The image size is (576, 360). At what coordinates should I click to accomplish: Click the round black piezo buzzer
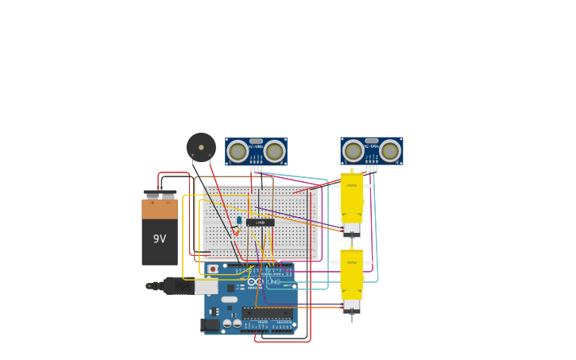click(x=201, y=147)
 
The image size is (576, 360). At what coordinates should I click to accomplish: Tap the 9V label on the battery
click(x=160, y=238)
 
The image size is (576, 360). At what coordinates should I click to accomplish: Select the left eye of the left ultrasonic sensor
click(x=238, y=150)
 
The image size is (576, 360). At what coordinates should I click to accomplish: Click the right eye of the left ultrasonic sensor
click(x=274, y=150)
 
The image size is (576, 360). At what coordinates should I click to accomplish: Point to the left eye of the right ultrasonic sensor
click(x=353, y=150)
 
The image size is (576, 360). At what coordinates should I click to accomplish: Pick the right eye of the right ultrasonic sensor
click(x=390, y=150)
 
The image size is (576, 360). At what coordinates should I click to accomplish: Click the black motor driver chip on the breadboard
click(x=261, y=223)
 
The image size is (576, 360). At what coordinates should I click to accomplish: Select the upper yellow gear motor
click(x=351, y=195)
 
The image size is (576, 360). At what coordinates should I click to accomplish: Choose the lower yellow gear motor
click(x=351, y=271)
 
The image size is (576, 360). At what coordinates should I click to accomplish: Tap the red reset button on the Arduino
click(x=213, y=269)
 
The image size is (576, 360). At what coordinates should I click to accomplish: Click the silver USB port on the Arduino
click(x=207, y=286)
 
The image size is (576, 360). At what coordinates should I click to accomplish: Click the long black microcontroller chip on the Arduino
click(x=267, y=313)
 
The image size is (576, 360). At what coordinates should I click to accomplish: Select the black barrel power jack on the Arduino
click(x=211, y=324)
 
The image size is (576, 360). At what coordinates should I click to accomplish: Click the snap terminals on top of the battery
click(x=160, y=194)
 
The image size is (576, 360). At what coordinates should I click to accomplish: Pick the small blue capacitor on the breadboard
click(x=238, y=220)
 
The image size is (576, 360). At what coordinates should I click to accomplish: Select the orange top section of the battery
click(x=160, y=209)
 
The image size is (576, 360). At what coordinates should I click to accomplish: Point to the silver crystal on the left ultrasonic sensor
click(x=256, y=141)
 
